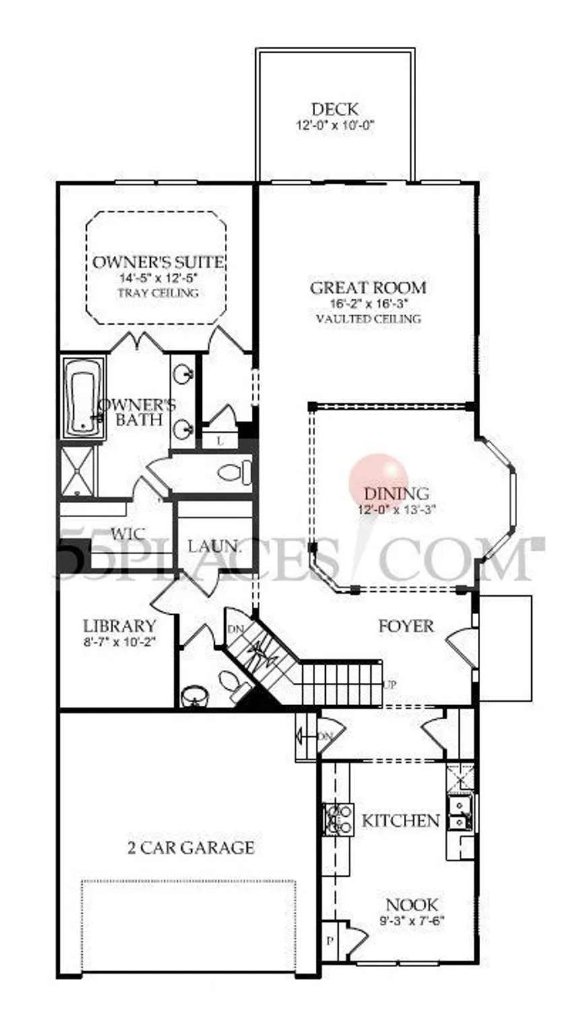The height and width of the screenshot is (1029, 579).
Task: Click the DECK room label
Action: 334,109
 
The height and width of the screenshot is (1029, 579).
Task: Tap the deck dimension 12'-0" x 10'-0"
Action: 334,125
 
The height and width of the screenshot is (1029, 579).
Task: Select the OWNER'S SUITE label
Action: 158,261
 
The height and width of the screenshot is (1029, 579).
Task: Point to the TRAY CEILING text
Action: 158,293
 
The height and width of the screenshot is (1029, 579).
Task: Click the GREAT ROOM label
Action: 368,288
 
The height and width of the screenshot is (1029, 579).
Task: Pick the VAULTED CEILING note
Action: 368,319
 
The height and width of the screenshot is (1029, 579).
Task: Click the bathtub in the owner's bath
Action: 83,397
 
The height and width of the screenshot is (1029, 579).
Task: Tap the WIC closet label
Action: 129,534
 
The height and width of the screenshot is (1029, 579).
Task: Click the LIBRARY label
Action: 119,626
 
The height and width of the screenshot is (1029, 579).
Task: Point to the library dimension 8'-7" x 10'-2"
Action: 119,642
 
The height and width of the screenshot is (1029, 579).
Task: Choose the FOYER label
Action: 406,626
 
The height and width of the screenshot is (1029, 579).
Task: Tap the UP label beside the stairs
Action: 390,685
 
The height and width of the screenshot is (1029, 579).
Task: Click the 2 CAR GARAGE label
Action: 191,847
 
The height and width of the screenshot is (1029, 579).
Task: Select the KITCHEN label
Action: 401,821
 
